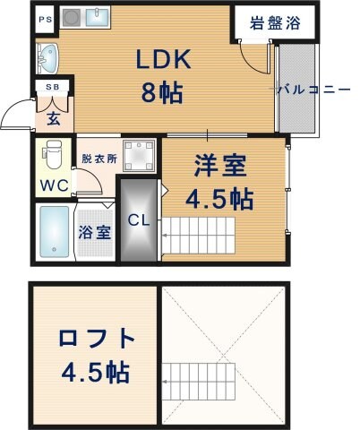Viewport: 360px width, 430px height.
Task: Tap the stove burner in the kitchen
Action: click(x=73, y=19)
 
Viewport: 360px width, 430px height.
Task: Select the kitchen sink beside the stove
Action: click(x=98, y=19)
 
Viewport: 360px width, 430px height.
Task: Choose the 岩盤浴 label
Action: click(x=275, y=23)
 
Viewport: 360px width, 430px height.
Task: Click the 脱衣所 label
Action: click(x=99, y=159)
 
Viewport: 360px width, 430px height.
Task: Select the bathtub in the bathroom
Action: click(x=54, y=232)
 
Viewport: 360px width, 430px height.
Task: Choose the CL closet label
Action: click(x=139, y=219)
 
